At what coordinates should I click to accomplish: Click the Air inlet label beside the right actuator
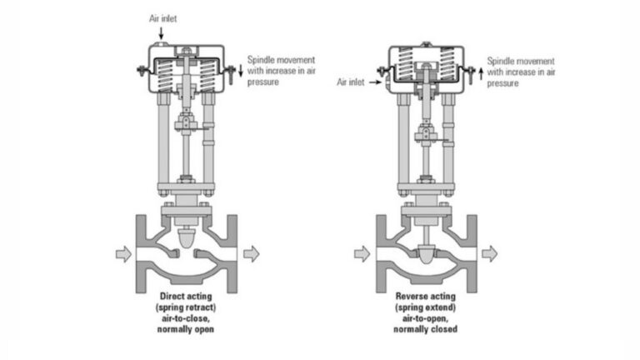click(x=352, y=82)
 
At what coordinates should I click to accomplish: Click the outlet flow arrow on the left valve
click(x=250, y=254)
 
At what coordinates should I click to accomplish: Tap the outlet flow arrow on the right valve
click(x=490, y=253)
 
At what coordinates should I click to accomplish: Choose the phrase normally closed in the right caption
click(x=427, y=328)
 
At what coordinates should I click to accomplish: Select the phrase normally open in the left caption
click(x=187, y=328)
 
